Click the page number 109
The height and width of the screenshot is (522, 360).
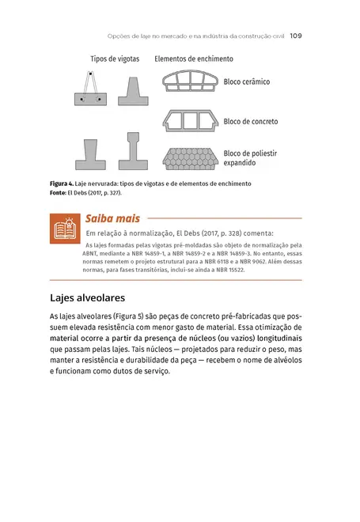297,35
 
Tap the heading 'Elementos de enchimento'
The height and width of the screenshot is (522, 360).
194,59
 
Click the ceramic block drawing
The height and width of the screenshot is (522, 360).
190,81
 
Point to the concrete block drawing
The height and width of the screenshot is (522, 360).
190,121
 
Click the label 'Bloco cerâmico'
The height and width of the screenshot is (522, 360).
247,81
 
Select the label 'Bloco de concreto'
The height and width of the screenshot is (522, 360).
251,122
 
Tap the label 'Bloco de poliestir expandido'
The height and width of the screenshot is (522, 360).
250,157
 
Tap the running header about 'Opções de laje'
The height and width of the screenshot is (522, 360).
196,35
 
